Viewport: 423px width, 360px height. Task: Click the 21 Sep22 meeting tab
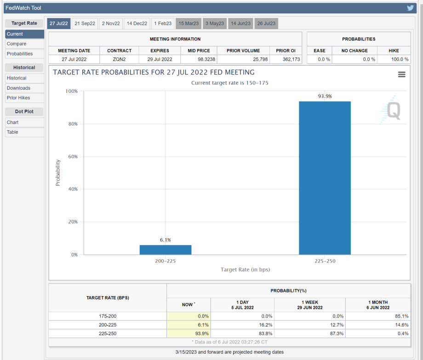pos(85,23)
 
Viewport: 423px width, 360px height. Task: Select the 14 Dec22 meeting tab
pos(137,23)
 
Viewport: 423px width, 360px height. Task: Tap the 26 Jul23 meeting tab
pos(266,23)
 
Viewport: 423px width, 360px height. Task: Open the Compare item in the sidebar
pos(17,44)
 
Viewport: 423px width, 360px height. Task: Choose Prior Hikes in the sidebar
pos(18,98)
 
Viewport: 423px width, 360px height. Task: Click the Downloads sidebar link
pos(18,88)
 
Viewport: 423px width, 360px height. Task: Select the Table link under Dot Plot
pos(12,132)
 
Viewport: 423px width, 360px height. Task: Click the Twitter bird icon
pos(410,8)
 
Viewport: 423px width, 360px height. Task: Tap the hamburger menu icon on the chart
pos(401,74)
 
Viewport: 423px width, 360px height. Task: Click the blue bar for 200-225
pos(166,250)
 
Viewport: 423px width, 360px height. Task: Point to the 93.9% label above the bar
pos(325,96)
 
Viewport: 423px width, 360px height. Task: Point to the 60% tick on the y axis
pos(71,157)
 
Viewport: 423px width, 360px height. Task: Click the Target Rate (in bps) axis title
pos(245,270)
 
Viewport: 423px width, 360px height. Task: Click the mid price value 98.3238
pos(198,59)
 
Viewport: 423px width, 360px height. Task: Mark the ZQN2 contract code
pos(119,59)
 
